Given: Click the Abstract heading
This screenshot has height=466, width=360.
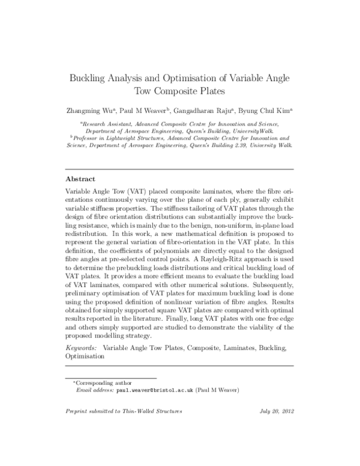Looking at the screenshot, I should tap(82, 179).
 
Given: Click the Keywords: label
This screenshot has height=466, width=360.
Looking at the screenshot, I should tap(81, 348).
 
